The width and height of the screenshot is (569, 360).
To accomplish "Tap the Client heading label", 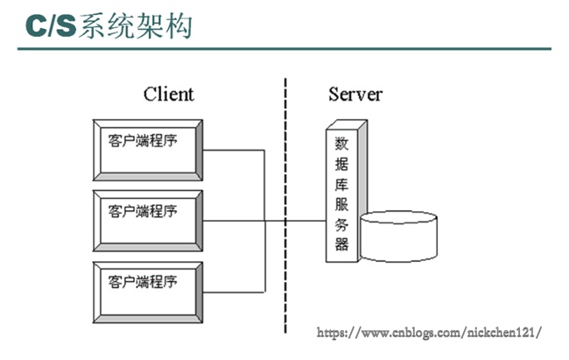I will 168,94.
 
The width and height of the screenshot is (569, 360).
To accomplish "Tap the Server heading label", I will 355,94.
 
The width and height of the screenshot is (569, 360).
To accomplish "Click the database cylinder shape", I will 398,236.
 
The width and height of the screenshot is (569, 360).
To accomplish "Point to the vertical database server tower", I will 342,193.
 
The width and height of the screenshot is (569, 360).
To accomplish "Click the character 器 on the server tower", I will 341,244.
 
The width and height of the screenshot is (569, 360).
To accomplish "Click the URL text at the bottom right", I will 428,333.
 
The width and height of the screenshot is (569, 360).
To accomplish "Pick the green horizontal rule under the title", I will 284,48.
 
